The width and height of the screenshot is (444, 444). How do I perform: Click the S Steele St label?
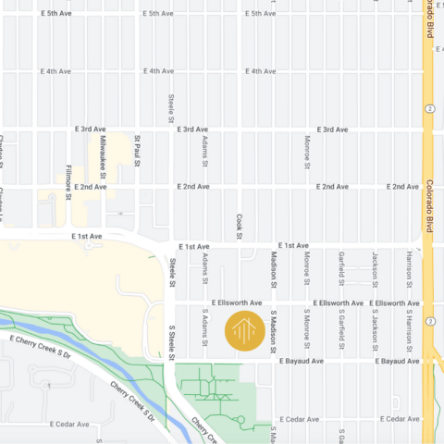[172, 339]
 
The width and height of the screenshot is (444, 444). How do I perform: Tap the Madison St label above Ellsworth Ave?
[274, 268]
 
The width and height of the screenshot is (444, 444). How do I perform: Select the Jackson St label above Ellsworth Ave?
[375, 268]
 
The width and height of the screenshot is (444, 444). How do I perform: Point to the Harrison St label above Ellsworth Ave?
[408, 268]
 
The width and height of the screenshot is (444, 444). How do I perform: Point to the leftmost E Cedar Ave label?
[70, 425]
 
